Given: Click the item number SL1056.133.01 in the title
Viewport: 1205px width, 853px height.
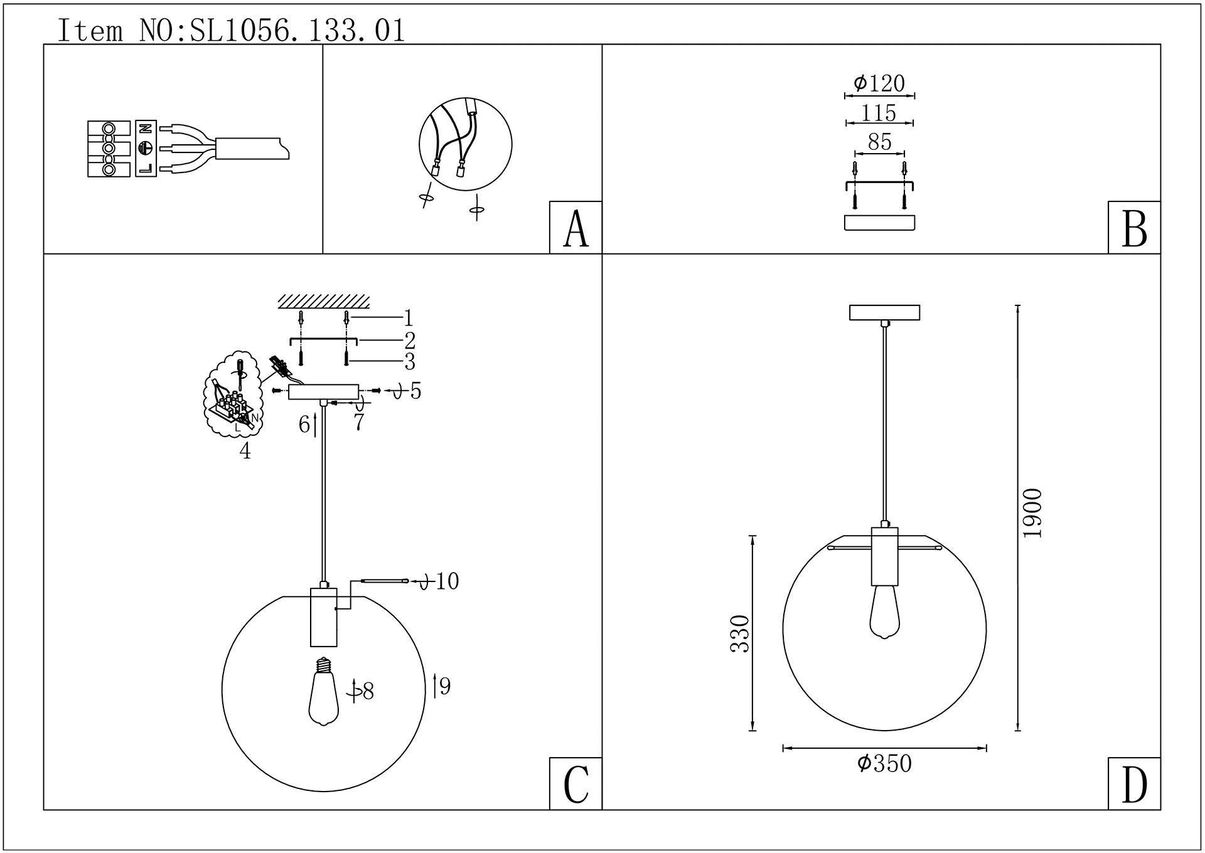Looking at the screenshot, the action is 297,30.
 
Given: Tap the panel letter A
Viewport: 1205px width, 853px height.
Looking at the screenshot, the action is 576,228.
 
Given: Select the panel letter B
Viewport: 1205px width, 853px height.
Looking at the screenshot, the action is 1134,228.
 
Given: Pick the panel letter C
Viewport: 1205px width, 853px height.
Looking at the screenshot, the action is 576,784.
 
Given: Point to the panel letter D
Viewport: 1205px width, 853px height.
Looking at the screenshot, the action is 1134,784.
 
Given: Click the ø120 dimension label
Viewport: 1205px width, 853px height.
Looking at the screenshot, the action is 879,83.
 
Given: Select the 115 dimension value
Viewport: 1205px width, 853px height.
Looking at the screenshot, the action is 879,113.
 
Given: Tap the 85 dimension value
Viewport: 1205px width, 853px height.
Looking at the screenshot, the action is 879,142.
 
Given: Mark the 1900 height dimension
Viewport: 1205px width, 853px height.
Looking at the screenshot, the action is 1032,512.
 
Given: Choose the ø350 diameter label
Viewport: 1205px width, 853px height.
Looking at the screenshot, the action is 884,763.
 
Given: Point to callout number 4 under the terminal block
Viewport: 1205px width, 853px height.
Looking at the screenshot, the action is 245,450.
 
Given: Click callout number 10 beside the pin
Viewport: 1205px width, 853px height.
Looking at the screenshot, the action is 447,581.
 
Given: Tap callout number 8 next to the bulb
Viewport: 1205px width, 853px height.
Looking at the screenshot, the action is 368,691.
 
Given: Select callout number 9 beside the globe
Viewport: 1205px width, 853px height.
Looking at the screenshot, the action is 445,687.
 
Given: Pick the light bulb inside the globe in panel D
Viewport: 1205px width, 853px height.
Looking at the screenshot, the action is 884,612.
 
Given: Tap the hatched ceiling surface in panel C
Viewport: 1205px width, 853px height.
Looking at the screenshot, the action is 323,301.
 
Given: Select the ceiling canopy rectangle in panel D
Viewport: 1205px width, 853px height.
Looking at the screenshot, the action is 884,312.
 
